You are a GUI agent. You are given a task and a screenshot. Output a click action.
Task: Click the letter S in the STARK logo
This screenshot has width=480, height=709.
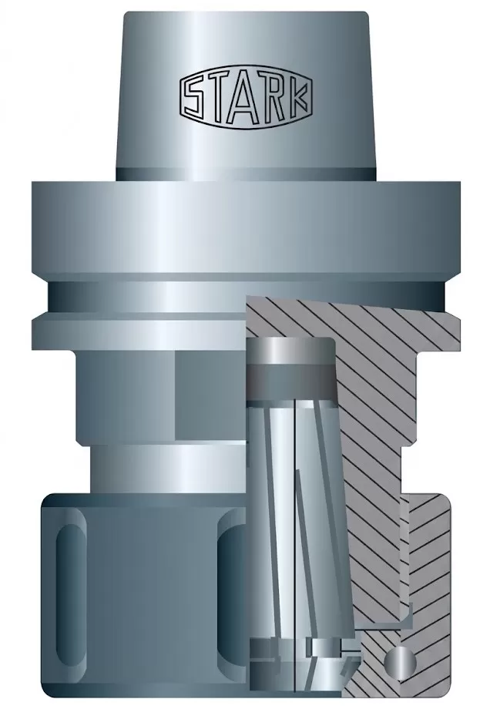(194, 97)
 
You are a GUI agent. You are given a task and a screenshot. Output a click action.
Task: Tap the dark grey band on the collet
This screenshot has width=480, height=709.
(292, 378)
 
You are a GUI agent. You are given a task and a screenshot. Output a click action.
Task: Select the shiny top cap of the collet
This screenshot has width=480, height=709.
(291, 350)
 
